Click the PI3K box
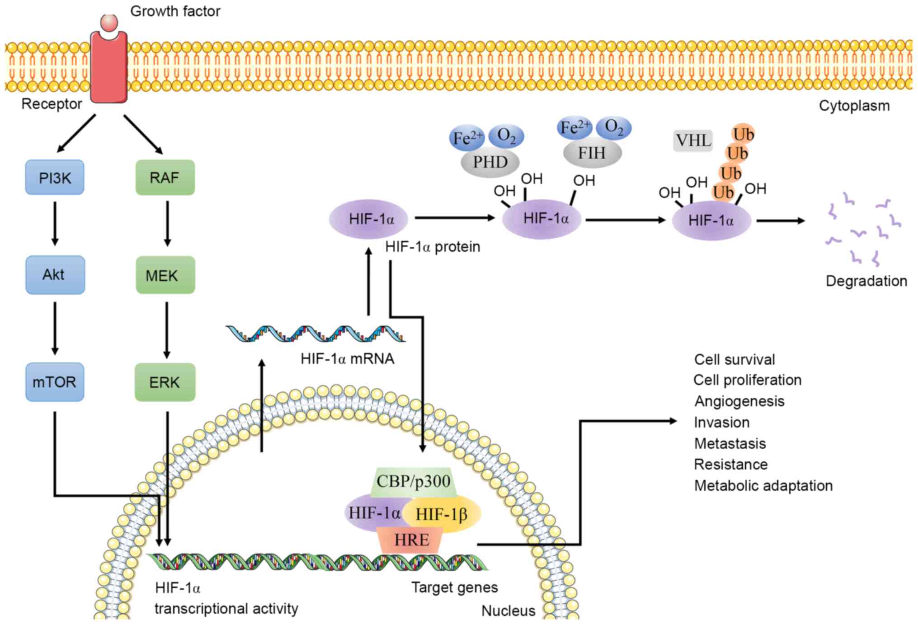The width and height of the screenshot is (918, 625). [x=55, y=178]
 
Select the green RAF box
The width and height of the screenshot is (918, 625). [x=165, y=178]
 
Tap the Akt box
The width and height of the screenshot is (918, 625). [x=55, y=275]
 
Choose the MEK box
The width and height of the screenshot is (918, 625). [x=165, y=275]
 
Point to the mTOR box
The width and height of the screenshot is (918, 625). [x=55, y=382]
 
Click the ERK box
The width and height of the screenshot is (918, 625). [x=165, y=382]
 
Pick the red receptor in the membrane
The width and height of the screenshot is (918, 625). [x=109, y=68]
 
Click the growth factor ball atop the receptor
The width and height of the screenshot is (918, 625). [x=109, y=22]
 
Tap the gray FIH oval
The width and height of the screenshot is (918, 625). [x=592, y=153]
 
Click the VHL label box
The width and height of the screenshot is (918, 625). [x=693, y=141]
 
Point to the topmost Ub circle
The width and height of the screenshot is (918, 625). [x=743, y=134]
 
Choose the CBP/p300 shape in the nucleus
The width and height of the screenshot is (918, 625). [x=413, y=481]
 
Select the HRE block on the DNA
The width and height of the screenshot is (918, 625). [x=411, y=540]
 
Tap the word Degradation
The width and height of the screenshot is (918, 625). [x=866, y=281]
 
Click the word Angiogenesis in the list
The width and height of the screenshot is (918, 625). [x=739, y=401]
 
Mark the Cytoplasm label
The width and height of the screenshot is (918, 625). [x=854, y=106]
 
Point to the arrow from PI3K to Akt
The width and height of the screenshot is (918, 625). [x=55, y=223]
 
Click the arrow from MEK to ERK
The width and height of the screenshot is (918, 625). [x=167, y=330]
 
